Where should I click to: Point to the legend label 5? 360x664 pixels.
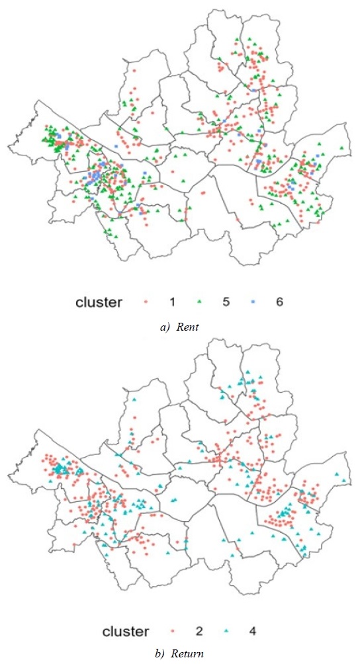point(227,302)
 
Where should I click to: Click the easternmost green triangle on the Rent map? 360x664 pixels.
point(341,147)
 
